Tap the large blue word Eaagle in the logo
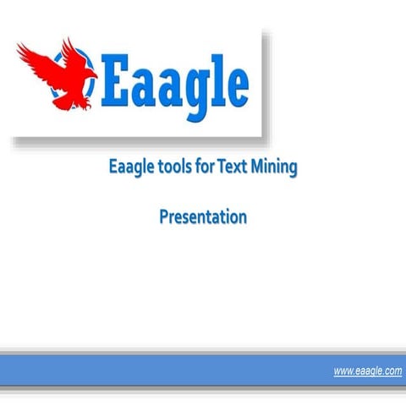tap(175, 82)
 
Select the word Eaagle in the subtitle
tap(131, 167)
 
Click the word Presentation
tap(203, 217)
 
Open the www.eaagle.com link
tap(367, 371)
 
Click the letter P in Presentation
tap(164, 217)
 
